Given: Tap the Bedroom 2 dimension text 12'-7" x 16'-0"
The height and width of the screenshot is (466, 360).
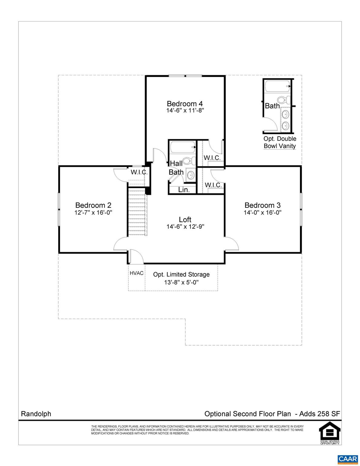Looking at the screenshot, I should tap(93, 212).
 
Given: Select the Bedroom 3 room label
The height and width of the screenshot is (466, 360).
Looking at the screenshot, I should tap(263, 205).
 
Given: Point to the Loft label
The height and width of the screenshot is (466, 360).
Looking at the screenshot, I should tap(185, 219).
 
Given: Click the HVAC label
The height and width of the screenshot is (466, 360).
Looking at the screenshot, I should tap(136, 273).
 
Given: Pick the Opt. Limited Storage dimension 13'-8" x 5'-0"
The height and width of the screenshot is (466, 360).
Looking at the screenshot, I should tap(181, 282).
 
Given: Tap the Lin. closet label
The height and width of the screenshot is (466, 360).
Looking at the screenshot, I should tap(184, 190).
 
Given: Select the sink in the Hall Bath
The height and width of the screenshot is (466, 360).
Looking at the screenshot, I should tap(191, 175).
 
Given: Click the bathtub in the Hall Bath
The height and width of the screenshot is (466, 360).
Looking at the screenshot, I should tap(182, 147).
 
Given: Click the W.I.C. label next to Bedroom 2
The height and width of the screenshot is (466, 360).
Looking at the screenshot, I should tap(139, 172).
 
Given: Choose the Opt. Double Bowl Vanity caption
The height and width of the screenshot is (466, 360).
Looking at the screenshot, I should tap(280, 142).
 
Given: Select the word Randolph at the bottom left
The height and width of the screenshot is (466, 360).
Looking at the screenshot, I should tap(36, 414).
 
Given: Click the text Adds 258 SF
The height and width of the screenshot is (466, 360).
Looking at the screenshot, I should tap(320, 414).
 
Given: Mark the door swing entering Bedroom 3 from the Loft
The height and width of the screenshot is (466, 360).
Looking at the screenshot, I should tap(231, 244).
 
